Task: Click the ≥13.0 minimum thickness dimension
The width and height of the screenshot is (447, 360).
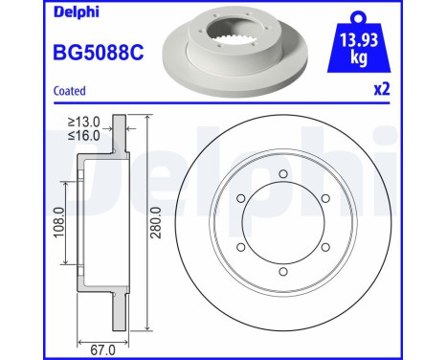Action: coord(85,123)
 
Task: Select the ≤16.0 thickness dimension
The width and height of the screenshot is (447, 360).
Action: coord(85,136)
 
